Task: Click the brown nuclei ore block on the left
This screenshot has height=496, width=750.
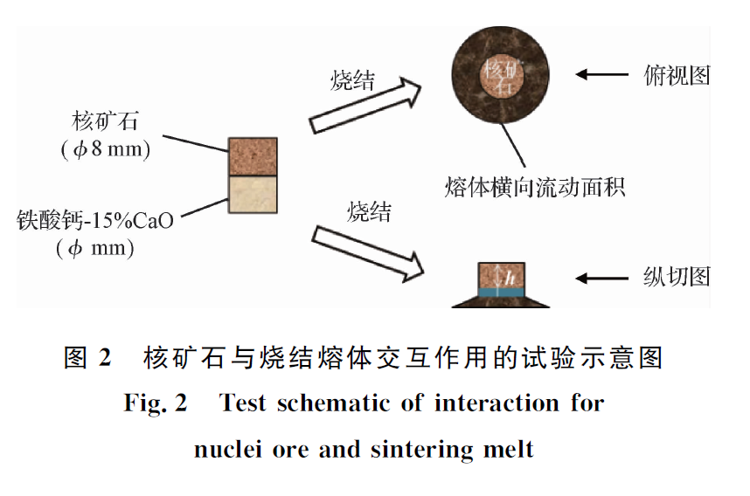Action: (x=253, y=156)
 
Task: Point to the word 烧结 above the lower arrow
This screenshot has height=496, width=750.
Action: (x=368, y=210)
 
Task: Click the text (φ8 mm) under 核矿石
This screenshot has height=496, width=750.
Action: (x=106, y=149)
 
